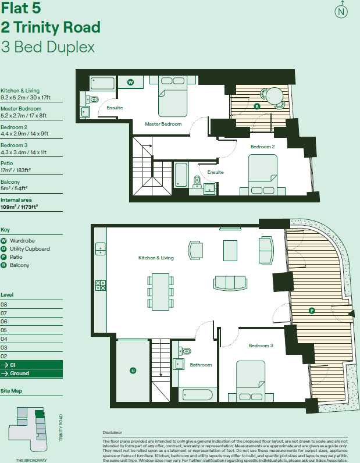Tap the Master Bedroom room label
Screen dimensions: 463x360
coord(163,124)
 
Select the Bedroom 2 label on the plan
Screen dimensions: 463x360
coord(262,147)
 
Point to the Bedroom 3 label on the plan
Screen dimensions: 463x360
coord(261,346)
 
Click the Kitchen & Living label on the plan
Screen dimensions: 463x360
coord(156,257)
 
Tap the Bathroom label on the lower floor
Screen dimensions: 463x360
coord(201,365)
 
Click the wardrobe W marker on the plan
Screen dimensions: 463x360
coord(131,83)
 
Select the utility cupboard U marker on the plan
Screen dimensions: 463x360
coord(133,370)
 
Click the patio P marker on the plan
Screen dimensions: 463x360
coord(312,311)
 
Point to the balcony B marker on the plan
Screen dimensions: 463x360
coord(256,106)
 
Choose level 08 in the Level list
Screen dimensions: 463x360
coord(5,304)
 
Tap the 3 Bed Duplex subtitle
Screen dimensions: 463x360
coord(48,47)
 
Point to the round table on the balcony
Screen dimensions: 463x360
coord(273,95)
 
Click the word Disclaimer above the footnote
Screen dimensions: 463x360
coord(112,433)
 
